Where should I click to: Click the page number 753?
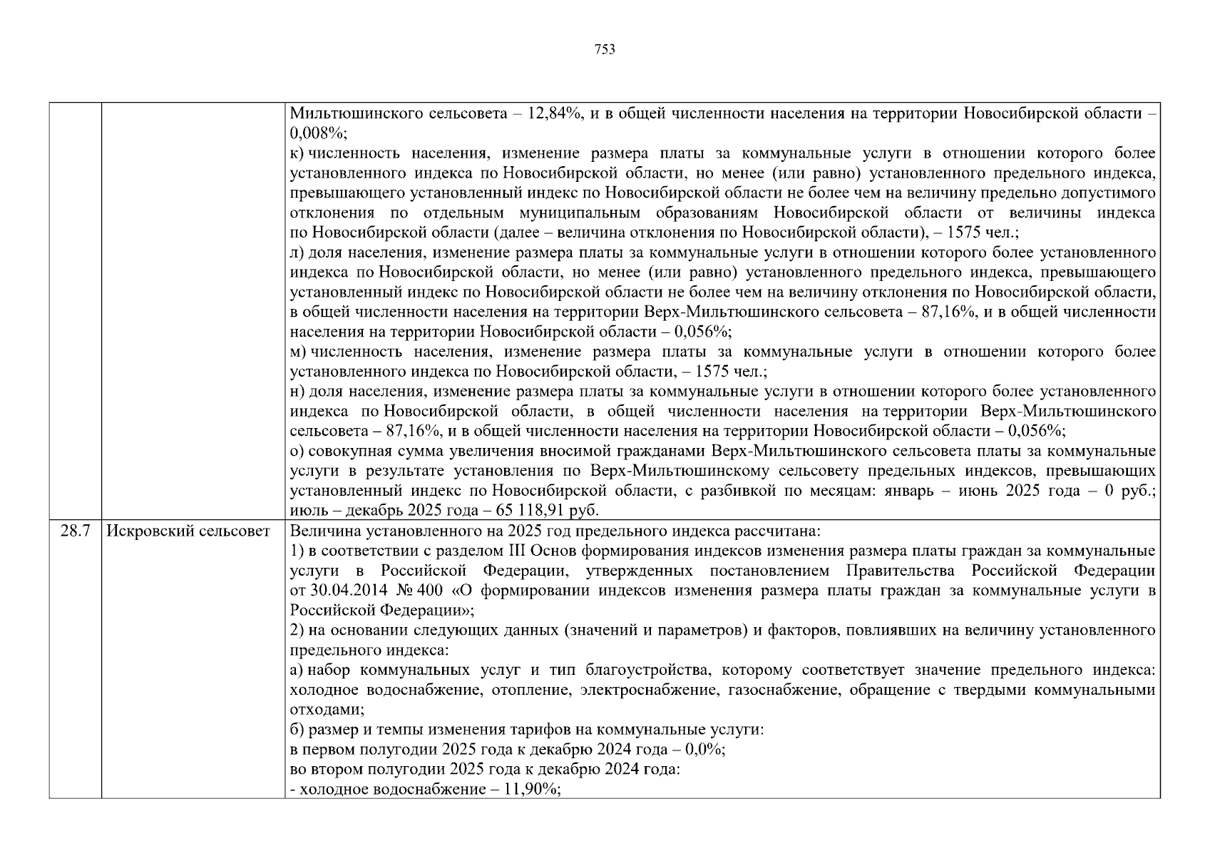605,49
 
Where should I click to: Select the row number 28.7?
75,531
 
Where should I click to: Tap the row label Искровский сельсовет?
188,531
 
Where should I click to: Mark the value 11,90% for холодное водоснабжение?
534,790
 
